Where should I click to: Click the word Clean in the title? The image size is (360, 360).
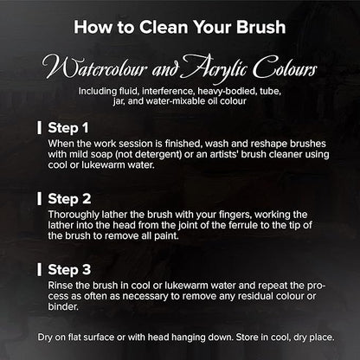tap(164, 27)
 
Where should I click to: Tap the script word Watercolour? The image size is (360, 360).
tap(94, 68)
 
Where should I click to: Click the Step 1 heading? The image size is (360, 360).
tap(68, 128)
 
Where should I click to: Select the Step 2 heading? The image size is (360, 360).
tap(69, 199)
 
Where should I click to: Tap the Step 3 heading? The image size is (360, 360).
tap(69, 270)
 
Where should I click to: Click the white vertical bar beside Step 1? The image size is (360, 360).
tap(39, 128)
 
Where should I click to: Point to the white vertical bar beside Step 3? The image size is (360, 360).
tap(39, 269)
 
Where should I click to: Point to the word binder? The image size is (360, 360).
tap(63, 306)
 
